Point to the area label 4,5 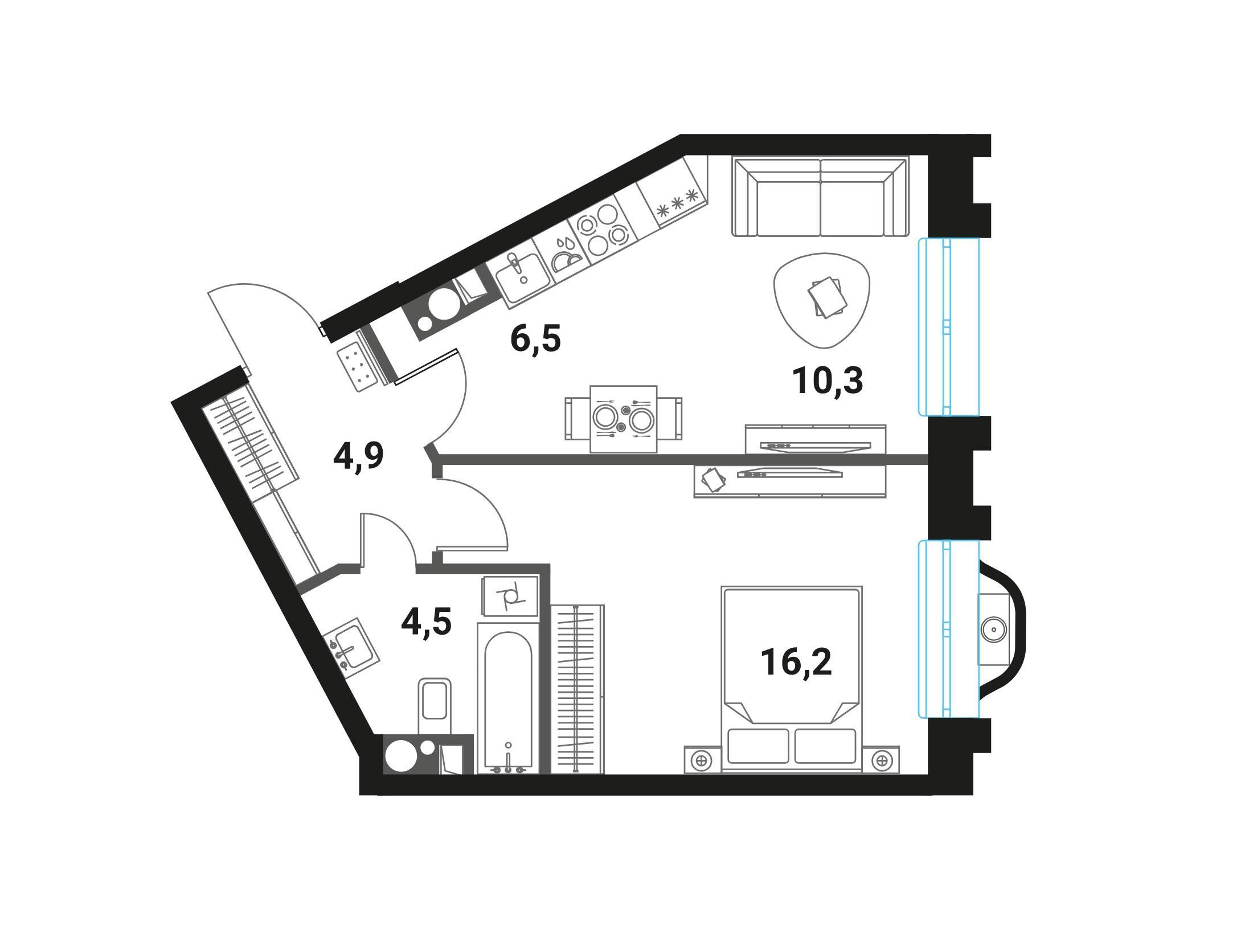click(x=427, y=622)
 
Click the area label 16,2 click(x=797, y=663)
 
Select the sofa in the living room click(x=820, y=197)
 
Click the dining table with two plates click(x=624, y=419)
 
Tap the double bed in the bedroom click(x=792, y=679)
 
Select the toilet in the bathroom click(x=435, y=706)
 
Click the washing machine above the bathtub click(x=510, y=596)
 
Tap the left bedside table click(x=702, y=759)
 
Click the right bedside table click(x=882, y=759)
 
